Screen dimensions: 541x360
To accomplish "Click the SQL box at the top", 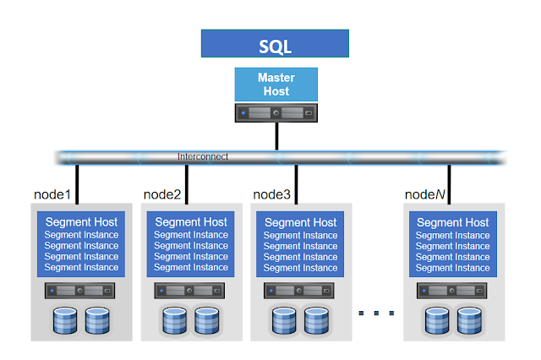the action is [x=275, y=43].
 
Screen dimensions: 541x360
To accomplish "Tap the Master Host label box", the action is [x=276, y=85].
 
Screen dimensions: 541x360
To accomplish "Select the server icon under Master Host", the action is [x=276, y=112].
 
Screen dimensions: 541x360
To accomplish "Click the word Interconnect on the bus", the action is [x=203, y=156].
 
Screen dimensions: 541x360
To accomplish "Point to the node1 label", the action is [x=52, y=194].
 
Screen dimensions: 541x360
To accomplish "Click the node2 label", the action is [x=162, y=194].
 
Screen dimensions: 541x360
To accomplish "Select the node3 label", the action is [x=271, y=194].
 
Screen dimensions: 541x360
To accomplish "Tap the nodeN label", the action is [x=425, y=194].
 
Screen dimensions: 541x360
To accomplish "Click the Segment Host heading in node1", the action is [x=81, y=221].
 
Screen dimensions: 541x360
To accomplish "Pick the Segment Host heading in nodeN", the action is [x=453, y=222].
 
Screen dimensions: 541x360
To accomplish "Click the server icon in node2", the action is [x=189, y=291].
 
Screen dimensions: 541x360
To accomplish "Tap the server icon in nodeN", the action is [x=452, y=291].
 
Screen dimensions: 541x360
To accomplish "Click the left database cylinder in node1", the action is [x=65, y=320].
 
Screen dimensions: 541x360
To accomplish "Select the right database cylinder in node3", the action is [x=316, y=320].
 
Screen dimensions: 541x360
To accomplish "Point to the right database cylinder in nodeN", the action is [x=469, y=320].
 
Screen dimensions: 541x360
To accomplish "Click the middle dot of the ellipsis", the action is [x=376, y=314].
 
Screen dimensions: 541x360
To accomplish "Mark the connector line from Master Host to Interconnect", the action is [x=276, y=136].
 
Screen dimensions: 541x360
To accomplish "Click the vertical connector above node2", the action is [x=187, y=184].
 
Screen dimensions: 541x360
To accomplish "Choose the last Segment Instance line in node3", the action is [x=301, y=268].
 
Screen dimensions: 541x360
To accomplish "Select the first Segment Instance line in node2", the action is [x=191, y=235].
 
